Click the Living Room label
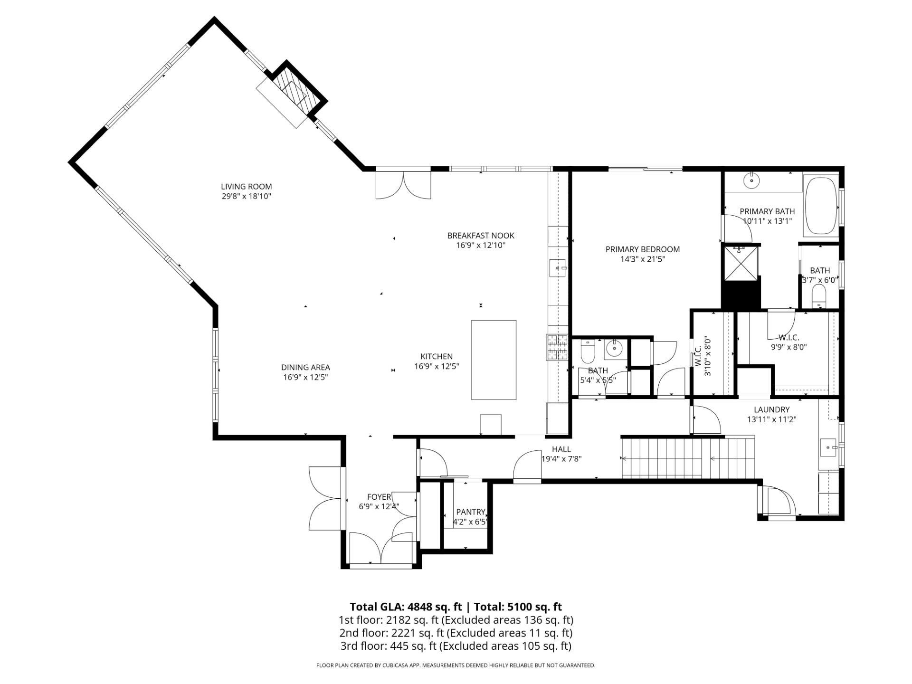(246, 187)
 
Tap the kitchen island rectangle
(494, 360)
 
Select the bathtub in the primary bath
(821, 206)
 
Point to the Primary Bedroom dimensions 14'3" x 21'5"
(642, 259)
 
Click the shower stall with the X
(740, 262)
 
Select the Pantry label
(470, 512)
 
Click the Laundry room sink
(829, 447)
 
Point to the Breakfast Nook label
(481, 236)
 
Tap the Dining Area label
(305, 368)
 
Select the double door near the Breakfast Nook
(403, 185)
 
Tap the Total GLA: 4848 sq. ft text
(406, 607)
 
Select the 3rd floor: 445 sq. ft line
(455, 646)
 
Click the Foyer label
(379, 497)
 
